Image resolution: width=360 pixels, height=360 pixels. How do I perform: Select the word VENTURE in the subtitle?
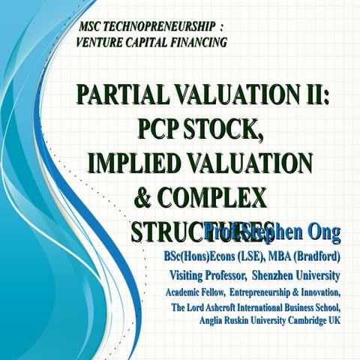(102, 42)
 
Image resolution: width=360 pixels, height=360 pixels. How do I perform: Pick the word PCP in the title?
(164, 129)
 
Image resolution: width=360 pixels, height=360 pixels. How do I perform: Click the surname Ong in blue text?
(323, 232)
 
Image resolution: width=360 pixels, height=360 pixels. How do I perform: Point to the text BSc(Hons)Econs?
(199, 256)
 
